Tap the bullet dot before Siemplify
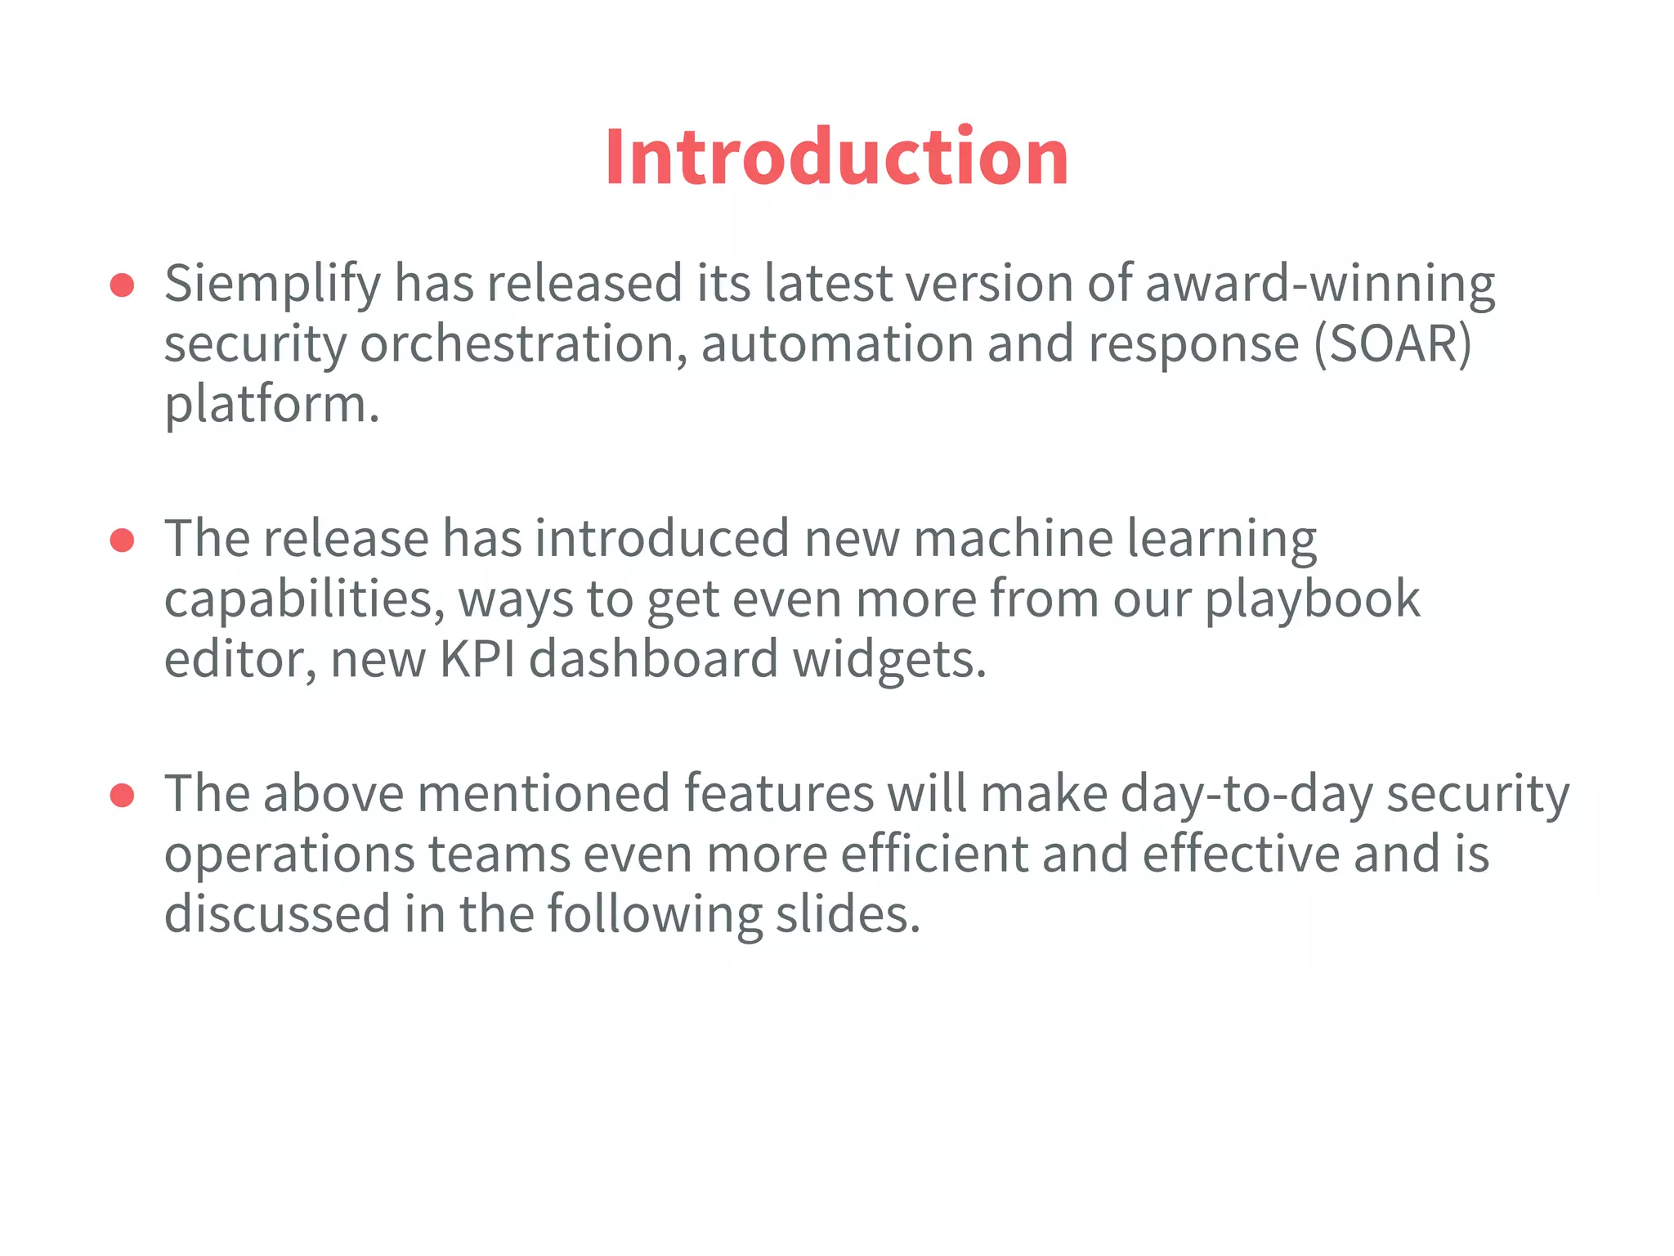[x=122, y=285]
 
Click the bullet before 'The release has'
[x=122, y=541]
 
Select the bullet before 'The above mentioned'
[x=122, y=796]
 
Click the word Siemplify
[x=272, y=284]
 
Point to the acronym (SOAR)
[x=1392, y=343]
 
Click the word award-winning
[x=1319, y=284]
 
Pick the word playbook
[x=1312, y=599]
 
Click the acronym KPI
[x=477, y=658]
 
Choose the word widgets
[x=889, y=660]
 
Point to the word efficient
[x=933, y=854]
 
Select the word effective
[x=1240, y=854]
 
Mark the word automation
[x=836, y=343]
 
